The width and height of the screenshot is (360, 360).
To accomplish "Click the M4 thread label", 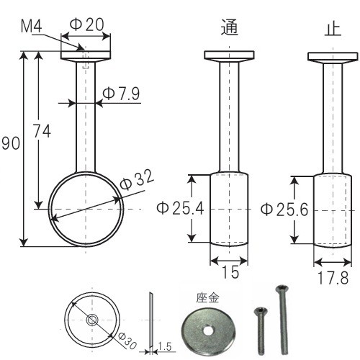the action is [x=31, y=27].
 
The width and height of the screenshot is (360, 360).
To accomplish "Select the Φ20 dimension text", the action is [x=87, y=24].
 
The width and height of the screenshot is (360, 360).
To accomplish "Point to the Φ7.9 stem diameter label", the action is [x=121, y=94].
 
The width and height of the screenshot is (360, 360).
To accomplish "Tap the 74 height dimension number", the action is [x=42, y=131].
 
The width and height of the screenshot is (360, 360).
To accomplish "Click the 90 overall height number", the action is [x=11, y=143].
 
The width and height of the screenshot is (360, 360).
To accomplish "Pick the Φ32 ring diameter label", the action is [x=136, y=179].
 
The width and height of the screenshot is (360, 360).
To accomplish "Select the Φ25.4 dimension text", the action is [x=180, y=208].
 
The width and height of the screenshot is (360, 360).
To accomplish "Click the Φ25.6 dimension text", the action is [x=284, y=210].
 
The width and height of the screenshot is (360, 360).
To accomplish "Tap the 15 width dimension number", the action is [x=230, y=272].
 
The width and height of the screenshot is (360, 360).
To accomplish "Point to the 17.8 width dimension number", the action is [x=333, y=278].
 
